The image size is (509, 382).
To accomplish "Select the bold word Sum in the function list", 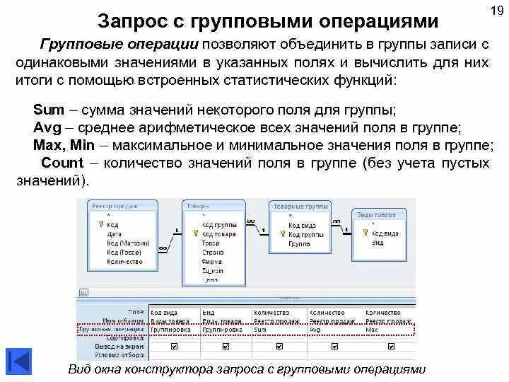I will (48, 111).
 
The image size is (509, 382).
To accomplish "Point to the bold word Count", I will (63, 163).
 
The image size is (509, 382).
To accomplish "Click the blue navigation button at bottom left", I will (18, 360).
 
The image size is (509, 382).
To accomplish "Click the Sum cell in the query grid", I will (261, 330).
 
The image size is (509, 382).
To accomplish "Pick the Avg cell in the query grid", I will (315, 330).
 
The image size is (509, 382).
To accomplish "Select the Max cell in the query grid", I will (371, 330).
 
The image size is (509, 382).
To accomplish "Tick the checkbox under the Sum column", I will (279, 347).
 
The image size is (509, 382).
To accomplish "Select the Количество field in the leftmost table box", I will (122, 261).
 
